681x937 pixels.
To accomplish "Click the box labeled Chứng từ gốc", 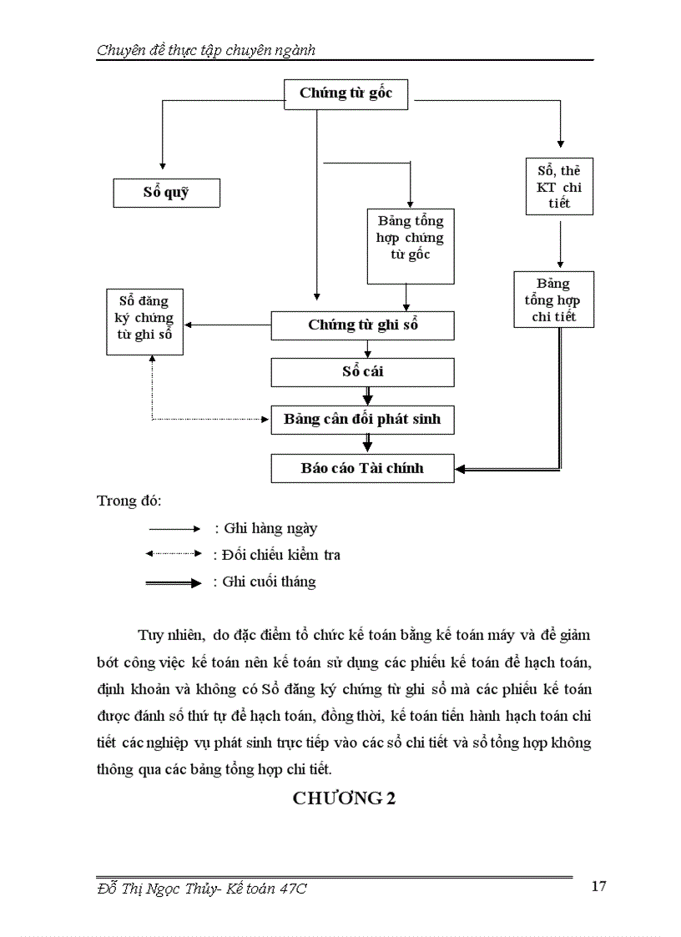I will click(346, 93).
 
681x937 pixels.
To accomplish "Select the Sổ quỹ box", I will click(166, 193).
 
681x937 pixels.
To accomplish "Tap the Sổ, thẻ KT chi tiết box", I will click(559, 187).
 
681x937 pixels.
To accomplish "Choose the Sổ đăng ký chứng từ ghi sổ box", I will click(144, 321).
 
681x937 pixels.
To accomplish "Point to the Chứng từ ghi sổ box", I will click(362, 325).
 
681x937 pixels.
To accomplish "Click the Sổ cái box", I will click(362, 371).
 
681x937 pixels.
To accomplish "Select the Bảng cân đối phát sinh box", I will click(362, 419).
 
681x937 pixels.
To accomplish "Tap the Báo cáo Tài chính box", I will click(362, 468).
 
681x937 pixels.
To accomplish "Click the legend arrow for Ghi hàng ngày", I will click(174, 529).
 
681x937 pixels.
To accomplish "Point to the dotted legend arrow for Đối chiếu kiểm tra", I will click(174, 554).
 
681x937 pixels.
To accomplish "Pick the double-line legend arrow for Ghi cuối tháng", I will click(174, 582).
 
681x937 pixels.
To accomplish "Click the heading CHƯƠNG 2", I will click(344, 798).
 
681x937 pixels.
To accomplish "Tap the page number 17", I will click(598, 886).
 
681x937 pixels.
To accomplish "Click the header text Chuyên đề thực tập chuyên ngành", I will click(205, 51).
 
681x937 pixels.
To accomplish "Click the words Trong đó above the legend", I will click(129, 501).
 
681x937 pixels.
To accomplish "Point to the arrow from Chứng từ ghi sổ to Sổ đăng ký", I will click(228, 325).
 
